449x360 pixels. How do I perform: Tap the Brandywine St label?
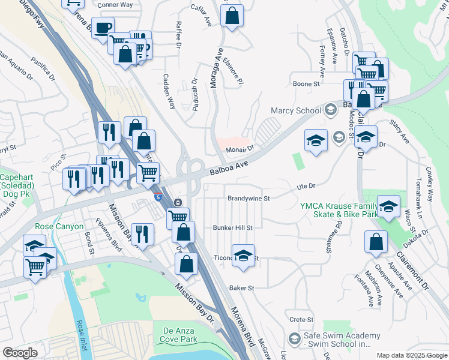249,198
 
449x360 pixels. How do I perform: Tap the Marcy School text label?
296,110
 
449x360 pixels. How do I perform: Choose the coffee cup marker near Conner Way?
103,28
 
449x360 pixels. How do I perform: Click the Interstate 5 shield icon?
158,197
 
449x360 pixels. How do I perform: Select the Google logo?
20,353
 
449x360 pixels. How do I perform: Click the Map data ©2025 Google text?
412,355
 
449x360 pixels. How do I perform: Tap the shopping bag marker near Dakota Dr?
376,242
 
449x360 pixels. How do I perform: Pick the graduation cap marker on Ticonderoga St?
243,255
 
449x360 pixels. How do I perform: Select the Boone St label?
306,84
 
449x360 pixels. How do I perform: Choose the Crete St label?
301,320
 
